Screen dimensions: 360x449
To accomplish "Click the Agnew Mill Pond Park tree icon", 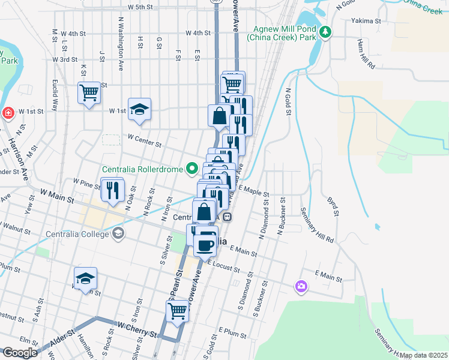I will click(325, 32).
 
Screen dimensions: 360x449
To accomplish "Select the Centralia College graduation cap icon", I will click(118, 233).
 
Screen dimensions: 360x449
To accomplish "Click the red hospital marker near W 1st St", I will click(8, 112).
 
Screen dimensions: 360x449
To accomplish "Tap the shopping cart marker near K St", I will click(89, 93).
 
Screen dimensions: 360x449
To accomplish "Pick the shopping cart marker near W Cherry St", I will click(176, 311).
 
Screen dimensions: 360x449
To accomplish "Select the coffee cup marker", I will click(205, 244).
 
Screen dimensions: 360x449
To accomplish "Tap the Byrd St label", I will click(332, 205).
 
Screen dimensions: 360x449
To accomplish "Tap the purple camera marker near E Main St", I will click(300, 287).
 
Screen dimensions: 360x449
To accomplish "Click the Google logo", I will click(20, 353).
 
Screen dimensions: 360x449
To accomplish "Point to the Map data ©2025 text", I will click(424, 355).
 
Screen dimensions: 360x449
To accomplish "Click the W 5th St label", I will click(140, 7).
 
